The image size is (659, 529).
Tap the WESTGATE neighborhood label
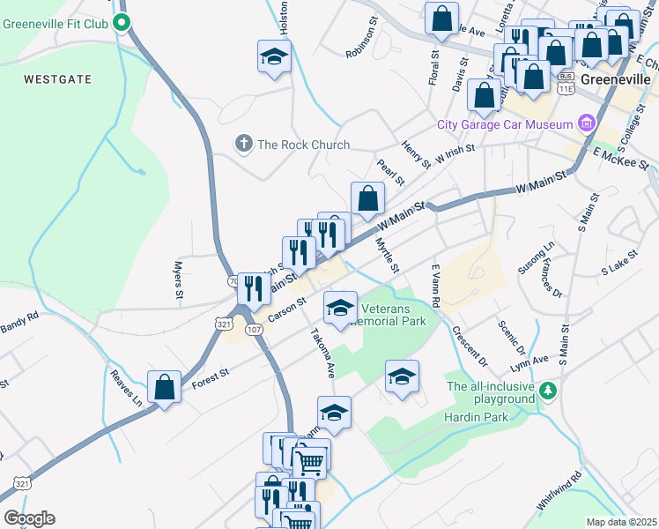click(58, 79)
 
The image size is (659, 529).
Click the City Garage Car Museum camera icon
click(585, 124)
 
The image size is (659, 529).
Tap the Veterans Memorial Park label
click(394, 314)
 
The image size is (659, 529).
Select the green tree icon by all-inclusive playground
click(548, 390)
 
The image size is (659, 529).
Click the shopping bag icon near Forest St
click(164, 387)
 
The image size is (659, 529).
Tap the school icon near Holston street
click(275, 57)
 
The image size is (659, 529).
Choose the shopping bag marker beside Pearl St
click(367, 198)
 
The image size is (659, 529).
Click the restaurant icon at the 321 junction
click(253, 287)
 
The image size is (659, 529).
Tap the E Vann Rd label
click(435, 284)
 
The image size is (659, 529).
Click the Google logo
click(29, 518)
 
